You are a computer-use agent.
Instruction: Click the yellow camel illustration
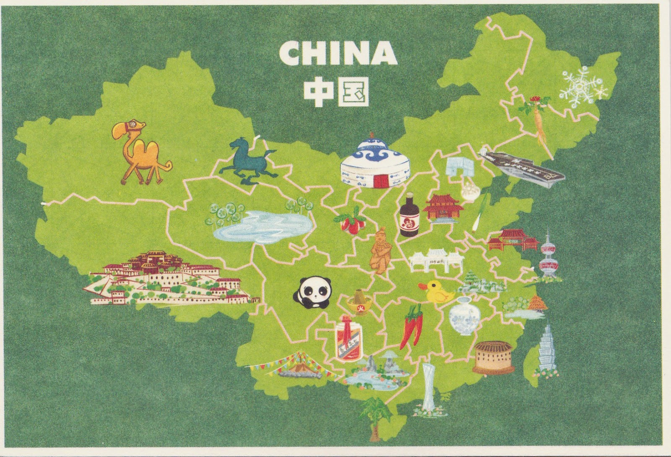[140, 153]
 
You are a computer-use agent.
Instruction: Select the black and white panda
[312, 293]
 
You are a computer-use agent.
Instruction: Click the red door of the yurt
[381, 181]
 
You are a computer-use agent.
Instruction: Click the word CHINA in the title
[338, 53]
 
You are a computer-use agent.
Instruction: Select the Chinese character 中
[319, 91]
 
